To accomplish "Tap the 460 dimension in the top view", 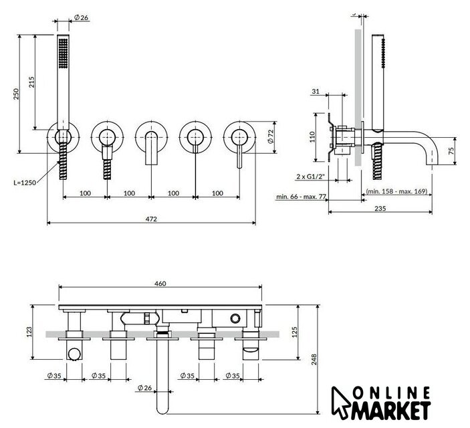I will point(160,284).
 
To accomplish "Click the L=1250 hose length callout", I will point(24,181).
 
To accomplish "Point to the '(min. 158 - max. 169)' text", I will point(397,191).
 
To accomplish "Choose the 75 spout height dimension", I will point(452,150).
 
